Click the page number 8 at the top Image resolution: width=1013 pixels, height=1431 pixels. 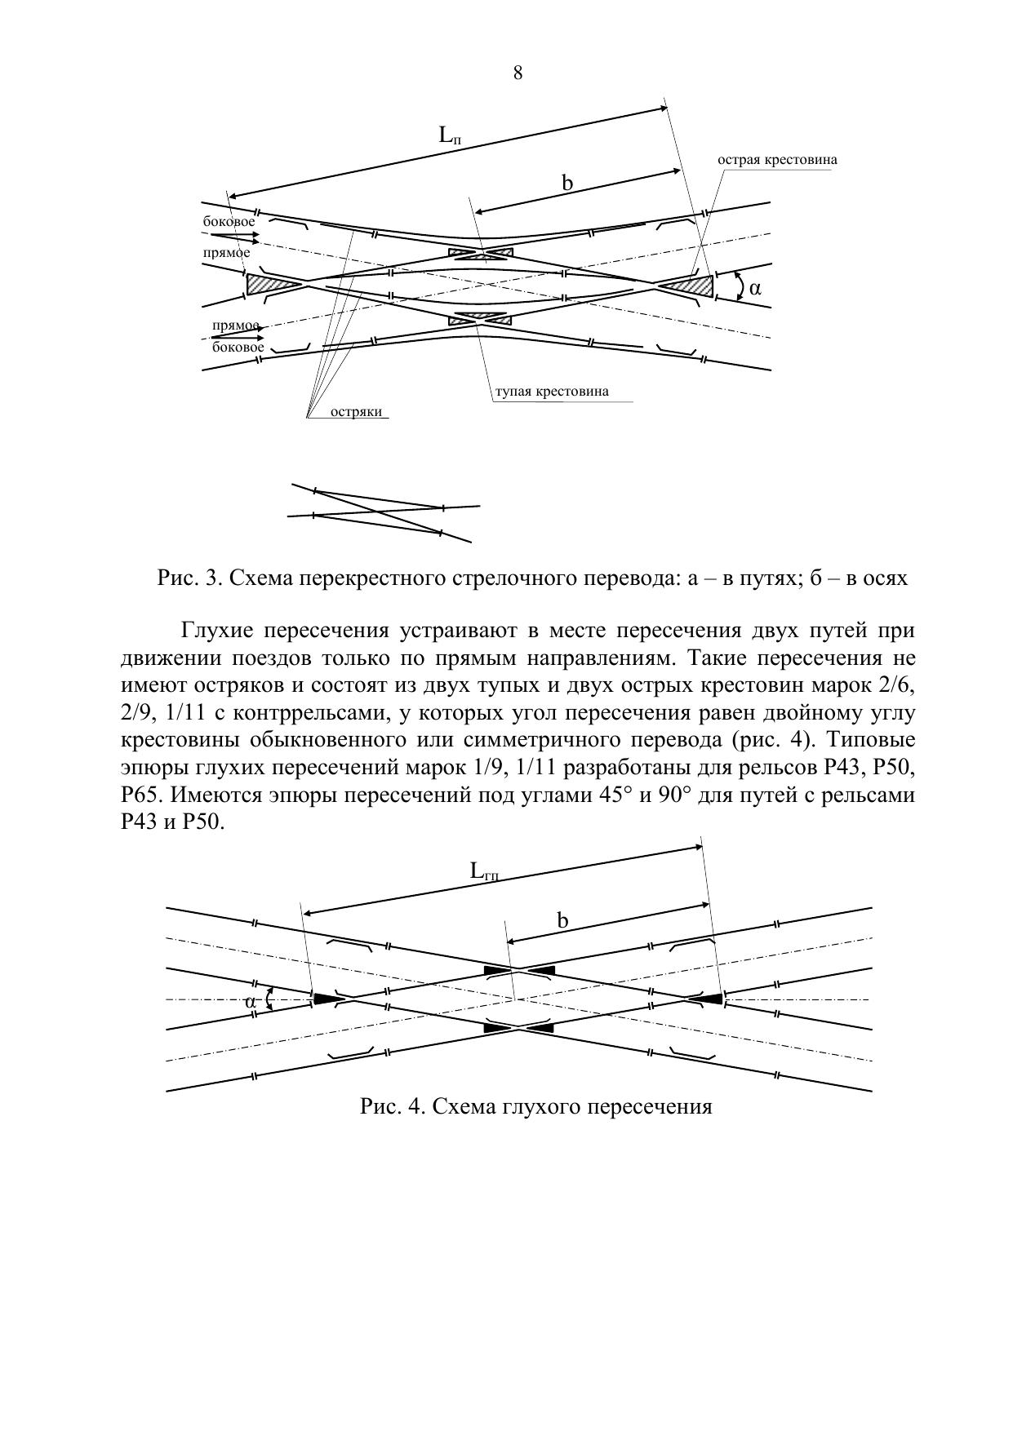[518, 73]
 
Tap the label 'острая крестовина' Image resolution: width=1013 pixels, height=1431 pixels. [777, 160]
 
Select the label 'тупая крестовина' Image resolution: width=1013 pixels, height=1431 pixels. [552, 392]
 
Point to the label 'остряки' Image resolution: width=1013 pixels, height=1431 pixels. [357, 412]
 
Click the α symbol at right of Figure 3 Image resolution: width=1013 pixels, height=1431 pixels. [755, 288]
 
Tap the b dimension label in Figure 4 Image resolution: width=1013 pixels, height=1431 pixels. [562, 921]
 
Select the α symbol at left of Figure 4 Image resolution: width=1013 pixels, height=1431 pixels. [251, 1002]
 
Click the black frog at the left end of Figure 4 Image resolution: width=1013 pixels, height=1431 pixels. [327, 998]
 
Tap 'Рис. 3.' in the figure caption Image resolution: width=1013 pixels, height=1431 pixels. [189, 578]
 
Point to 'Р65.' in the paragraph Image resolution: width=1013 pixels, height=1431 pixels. [140, 795]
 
